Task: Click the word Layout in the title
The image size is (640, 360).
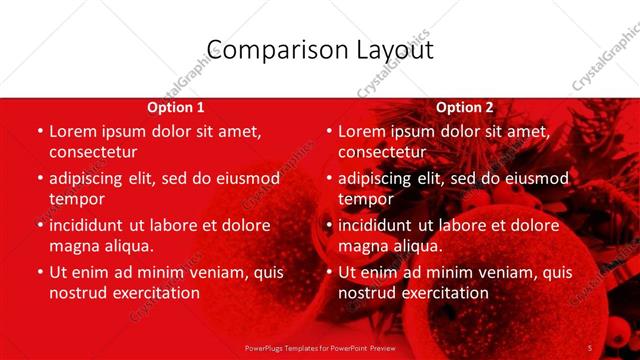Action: (390, 50)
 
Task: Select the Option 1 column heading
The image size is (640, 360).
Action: (176, 107)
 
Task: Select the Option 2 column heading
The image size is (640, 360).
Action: (465, 107)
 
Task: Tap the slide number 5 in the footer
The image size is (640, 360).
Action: (590, 348)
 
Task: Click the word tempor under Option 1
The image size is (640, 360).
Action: (76, 199)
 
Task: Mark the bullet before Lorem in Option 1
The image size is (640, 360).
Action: (39, 131)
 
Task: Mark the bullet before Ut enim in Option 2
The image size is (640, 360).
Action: (328, 272)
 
